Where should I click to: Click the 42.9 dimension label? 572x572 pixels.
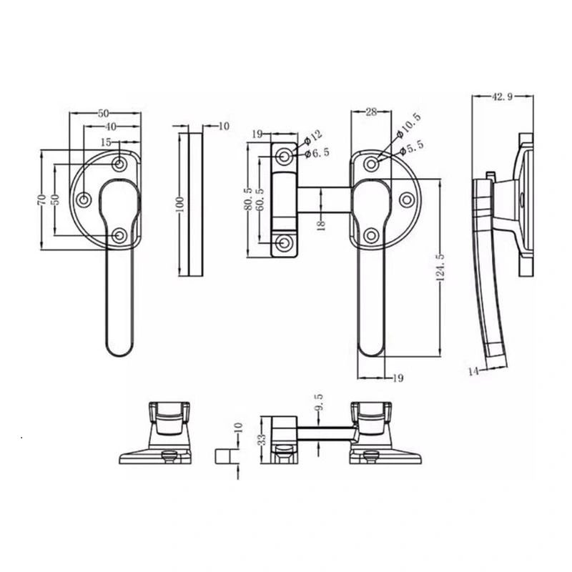(x=503, y=97)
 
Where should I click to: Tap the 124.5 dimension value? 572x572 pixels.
(x=440, y=267)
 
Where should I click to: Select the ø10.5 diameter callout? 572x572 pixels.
(x=408, y=125)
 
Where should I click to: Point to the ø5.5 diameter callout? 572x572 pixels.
(x=412, y=147)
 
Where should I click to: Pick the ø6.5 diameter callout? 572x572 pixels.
(x=317, y=152)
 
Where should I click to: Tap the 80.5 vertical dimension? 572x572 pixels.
(x=248, y=199)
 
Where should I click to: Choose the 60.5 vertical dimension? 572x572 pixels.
(x=260, y=199)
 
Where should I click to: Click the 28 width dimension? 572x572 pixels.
(x=370, y=112)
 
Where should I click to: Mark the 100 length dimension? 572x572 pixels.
(x=181, y=204)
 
